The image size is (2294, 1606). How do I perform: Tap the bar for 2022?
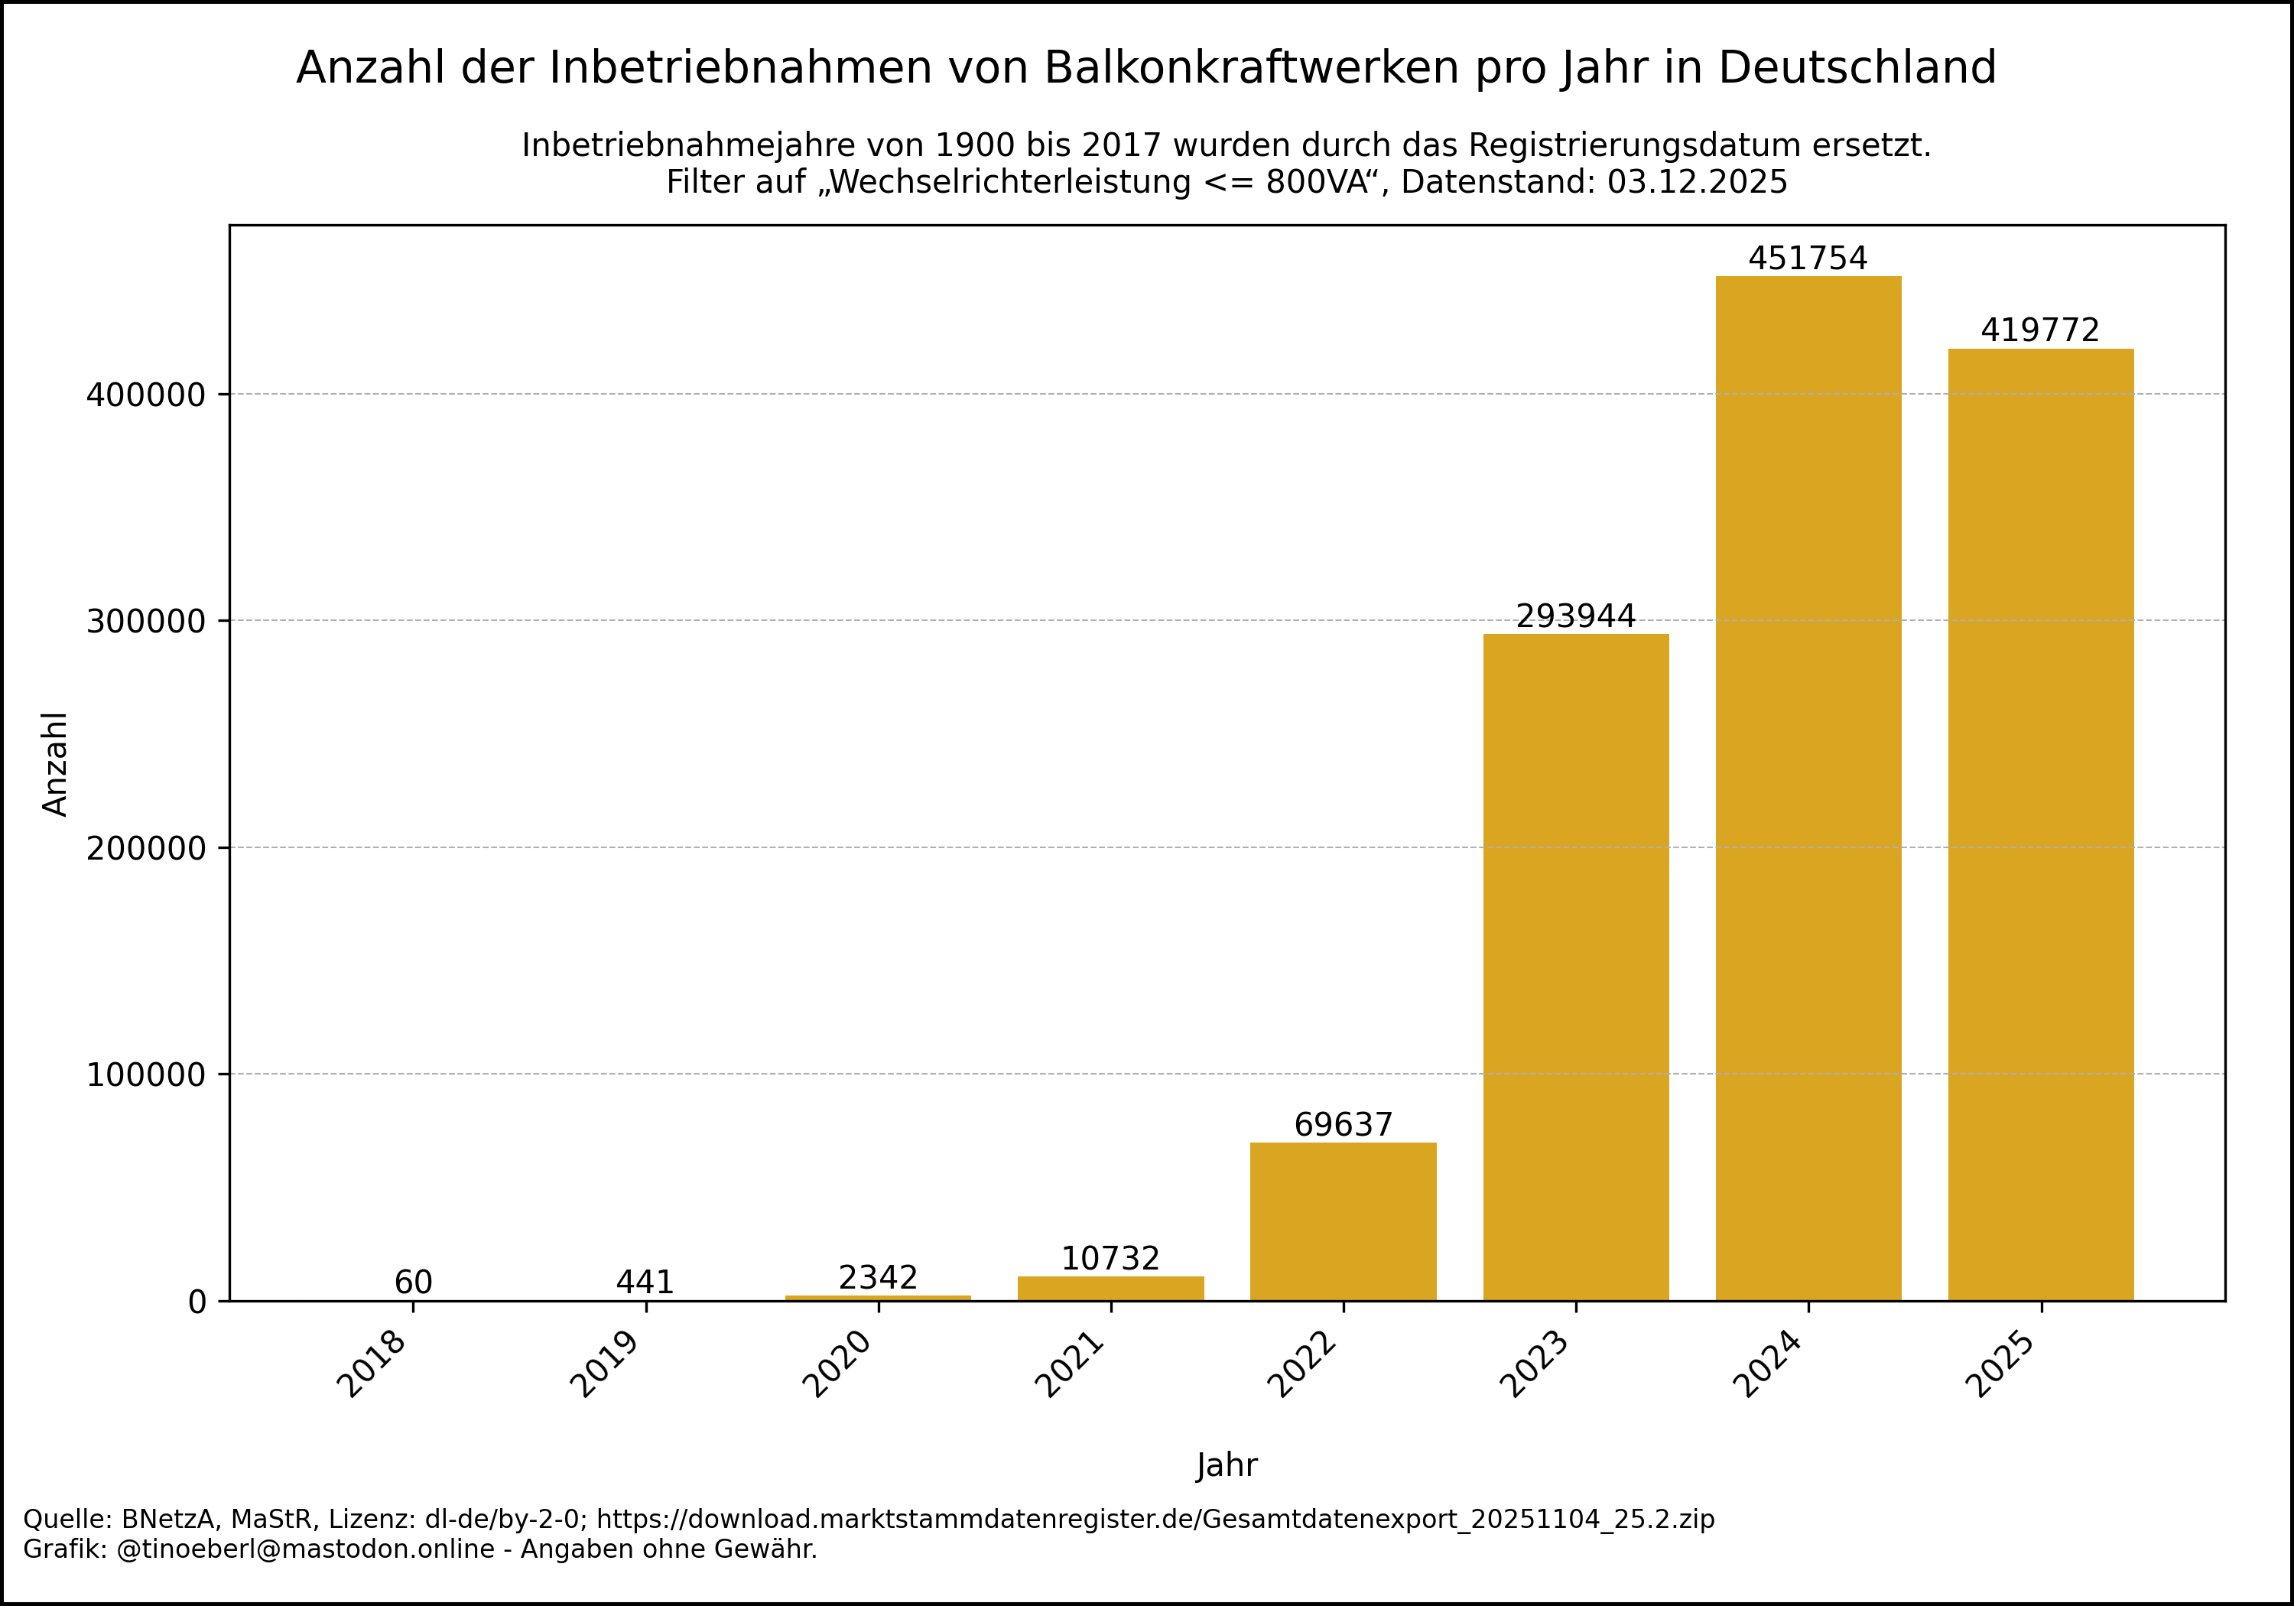click(1343, 1221)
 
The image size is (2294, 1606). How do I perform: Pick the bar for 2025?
click(2040, 824)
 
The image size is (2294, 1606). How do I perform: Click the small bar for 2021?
click(1110, 1288)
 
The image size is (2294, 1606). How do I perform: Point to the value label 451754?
click(1808, 258)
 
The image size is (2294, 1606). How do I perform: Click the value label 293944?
click(1576, 616)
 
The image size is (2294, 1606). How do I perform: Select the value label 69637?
click(1343, 1125)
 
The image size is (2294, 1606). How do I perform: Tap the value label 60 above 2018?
click(413, 1283)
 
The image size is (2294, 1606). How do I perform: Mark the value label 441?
click(645, 1283)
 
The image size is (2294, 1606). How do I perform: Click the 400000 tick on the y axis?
click(146, 395)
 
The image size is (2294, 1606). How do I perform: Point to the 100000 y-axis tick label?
click(146, 1075)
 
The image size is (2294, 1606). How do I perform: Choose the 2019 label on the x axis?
click(605, 1365)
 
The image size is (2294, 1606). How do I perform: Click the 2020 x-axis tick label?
click(837, 1365)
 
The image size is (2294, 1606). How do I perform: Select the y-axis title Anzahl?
click(55, 765)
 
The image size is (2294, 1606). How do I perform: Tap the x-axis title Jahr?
click(1227, 1465)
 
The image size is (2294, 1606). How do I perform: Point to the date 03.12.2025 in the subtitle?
click(1698, 182)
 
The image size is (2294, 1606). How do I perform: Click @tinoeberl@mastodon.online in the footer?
click(306, 1549)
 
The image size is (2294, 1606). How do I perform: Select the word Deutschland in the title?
click(1857, 68)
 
